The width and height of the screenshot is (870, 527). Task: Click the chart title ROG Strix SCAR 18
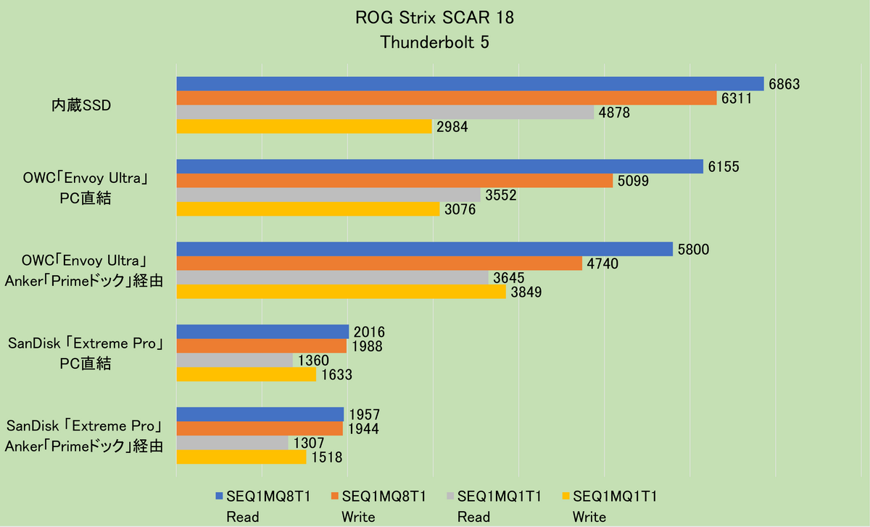(434, 19)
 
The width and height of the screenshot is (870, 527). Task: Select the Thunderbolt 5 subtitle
(434, 42)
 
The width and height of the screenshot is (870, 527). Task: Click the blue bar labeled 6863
(470, 84)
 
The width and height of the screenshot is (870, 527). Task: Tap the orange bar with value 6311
(447, 98)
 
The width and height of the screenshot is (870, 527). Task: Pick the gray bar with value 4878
(386, 113)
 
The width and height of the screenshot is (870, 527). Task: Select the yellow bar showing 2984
(304, 126)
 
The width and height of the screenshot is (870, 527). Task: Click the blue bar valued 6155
(440, 167)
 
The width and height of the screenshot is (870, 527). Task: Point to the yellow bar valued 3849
(341, 291)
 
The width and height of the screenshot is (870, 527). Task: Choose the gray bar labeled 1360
(235, 360)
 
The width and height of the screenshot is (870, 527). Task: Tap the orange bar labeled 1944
(260, 429)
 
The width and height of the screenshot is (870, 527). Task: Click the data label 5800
(694, 250)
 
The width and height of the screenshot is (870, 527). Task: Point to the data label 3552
(501, 195)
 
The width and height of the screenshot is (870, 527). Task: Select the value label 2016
(370, 332)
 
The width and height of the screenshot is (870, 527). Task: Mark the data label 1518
(327, 457)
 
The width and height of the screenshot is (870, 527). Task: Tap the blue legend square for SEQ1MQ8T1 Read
(220, 497)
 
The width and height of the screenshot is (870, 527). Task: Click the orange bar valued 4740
(379, 263)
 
